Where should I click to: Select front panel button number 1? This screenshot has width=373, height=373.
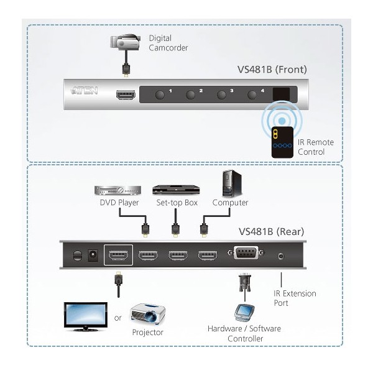pyautogui.click(x=160, y=95)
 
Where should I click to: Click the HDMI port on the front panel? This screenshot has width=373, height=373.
pyautogui.click(x=125, y=95)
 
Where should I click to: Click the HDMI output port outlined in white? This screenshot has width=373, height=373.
pyautogui.click(x=117, y=256)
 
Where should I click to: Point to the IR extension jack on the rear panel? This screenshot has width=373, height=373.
pyautogui.click(x=282, y=256)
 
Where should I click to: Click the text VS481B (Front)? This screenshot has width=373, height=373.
pyautogui.click(x=272, y=69)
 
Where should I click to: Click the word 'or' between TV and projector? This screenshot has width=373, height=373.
pyautogui.click(x=117, y=319)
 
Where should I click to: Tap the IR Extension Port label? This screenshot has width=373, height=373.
pyautogui.click(x=295, y=298)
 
